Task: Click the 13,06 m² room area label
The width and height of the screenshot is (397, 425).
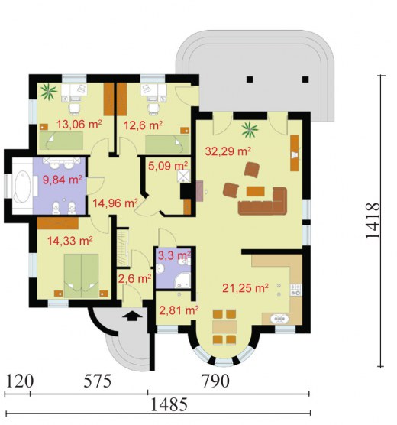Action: coord(79,125)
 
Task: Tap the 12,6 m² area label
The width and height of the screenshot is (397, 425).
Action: coord(143,125)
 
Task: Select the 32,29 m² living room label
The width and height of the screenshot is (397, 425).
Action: coord(228,151)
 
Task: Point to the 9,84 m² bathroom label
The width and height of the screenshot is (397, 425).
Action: coord(63,180)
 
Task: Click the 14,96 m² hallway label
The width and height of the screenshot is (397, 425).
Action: coord(115,203)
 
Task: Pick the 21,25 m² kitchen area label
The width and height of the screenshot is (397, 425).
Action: coord(245,288)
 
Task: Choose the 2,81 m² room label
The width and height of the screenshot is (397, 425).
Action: coord(179,310)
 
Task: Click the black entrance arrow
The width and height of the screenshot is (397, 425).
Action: coord(132,316)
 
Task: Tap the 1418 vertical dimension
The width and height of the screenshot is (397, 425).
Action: coord(373,220)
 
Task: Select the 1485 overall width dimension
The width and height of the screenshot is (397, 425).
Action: coord(169,404)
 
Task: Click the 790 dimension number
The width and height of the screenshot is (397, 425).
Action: coord(215,381)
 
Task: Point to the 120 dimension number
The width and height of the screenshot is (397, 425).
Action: coord(20,381)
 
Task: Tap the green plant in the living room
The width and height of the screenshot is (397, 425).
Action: coord(250,129)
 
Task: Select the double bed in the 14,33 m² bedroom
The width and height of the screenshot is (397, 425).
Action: coord(81,276)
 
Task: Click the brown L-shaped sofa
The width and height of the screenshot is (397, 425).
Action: coord(263,202)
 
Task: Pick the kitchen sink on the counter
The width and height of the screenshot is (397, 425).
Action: coord(279,319)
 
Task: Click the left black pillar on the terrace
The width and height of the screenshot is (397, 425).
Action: coord(250,79)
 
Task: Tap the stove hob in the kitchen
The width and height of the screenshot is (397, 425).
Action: coord(295,290)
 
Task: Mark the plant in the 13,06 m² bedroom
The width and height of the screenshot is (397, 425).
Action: coord(49,92)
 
